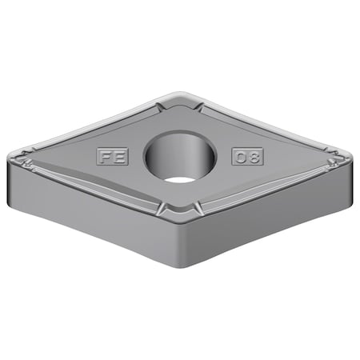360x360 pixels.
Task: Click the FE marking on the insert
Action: click(112, 156)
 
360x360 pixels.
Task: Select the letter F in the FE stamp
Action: click(106, 156)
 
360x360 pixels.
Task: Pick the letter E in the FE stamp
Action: click(119, 156)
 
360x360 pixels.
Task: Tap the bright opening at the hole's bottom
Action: click(180, 178)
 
